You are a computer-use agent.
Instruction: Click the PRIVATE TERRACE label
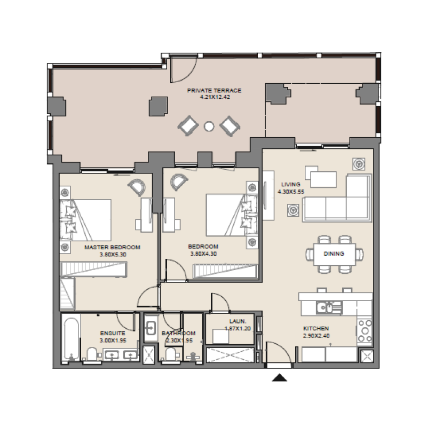pyautogui.click(x=214, y=91)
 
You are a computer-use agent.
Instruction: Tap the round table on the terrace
pyautogui.click(x=209, y=126)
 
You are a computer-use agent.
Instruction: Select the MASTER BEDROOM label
pyautogui.click(x=112, y=247)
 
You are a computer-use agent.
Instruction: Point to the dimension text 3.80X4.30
pyautogui.click(x=203, y=254)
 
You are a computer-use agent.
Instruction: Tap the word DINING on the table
pyautogui.click(x=334, y=254)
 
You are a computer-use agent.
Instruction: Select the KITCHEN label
pyautogui.click(x=316, y=328)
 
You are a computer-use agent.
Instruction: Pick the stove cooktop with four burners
pyautogui.click(x=365, y=330)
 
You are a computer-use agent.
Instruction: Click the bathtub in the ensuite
pyautogui.click(x=70, y=339)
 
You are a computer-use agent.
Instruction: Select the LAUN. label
pyautogui.click(x=238, y=321)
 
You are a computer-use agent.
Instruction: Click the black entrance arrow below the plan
pyautogui.click(x=280, y=378)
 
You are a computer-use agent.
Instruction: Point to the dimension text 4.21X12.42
pyautogui.click(x=214, y=98)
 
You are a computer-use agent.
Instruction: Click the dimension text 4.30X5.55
pyautogui.click(x=291, y=191)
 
